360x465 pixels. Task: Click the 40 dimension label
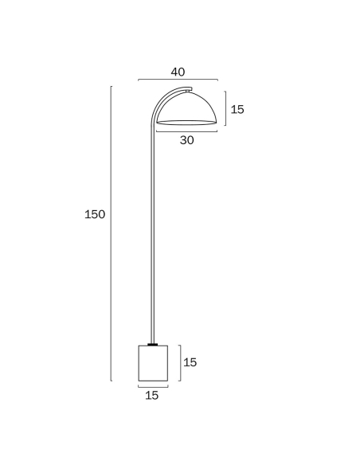pyautogui.click(x=178, y=72)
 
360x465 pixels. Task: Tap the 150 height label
pyautogui.click(x=95, y=214)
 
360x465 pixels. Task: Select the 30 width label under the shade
pyautogui.click(x=187, y=140)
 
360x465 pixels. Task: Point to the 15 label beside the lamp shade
pyautogui.click(x=237, y=109)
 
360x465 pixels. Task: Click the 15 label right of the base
pyautogui.click(x=190, y=362)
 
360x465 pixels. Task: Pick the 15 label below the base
pyautogui.click(x=152, y=395)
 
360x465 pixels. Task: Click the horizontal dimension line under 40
pyautogui.click(x=178, y=80)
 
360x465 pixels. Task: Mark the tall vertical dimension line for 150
pyautogui.click(x=112, y=233)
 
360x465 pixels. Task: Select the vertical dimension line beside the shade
pyautogui.click(x=225, y=108)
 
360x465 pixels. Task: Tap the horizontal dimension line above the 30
pyautogui.click(x=187, y=131)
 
